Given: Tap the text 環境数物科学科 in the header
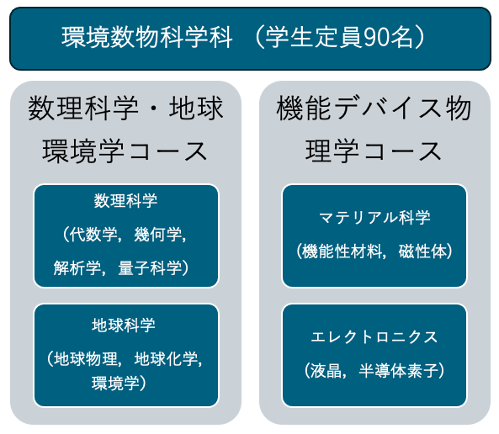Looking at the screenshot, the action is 147,38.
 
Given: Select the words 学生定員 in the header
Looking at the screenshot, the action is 315,38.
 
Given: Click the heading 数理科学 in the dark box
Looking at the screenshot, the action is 125,201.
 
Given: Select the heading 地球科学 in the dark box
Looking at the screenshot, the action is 124,325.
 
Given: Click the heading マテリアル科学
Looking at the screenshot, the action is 374,218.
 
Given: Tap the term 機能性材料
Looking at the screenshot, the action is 342,251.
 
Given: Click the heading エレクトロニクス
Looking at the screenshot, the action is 374,337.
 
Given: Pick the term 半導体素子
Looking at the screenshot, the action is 399,371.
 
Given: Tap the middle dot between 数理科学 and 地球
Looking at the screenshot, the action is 154,108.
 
